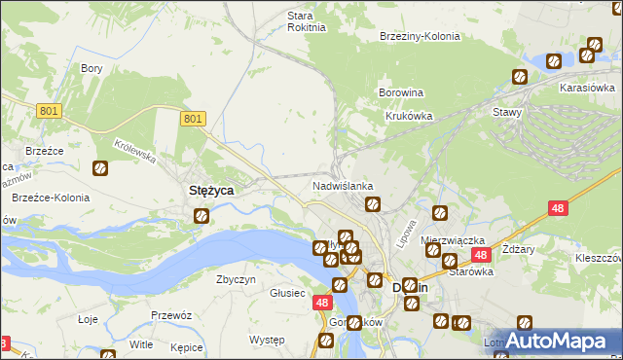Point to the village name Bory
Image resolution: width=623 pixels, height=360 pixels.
tap(92, 68)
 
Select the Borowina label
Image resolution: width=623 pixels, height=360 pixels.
tap(400, 93)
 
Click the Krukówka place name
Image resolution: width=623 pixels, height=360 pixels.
tap(408, 116)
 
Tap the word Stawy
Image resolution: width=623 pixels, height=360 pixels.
tap(507, 112)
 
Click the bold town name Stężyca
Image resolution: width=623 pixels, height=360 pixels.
tap(209, 192)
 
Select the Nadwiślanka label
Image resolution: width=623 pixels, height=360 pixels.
tap(343, 185)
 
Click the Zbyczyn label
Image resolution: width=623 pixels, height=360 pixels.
tap(236, 279)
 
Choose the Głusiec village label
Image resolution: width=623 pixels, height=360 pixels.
tap(288, 293)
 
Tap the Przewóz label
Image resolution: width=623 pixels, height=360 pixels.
tap(170, 315)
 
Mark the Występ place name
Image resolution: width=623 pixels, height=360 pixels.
tap(266, 340)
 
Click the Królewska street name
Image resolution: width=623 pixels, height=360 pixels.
tap(134, 152)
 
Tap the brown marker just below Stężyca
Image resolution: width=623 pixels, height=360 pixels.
tap(202, 216)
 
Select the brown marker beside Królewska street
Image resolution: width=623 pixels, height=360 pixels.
tap(99, 168)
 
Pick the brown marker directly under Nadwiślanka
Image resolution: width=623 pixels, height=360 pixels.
tap(372, 204)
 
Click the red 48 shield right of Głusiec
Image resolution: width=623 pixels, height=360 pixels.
tap(322, 303)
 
